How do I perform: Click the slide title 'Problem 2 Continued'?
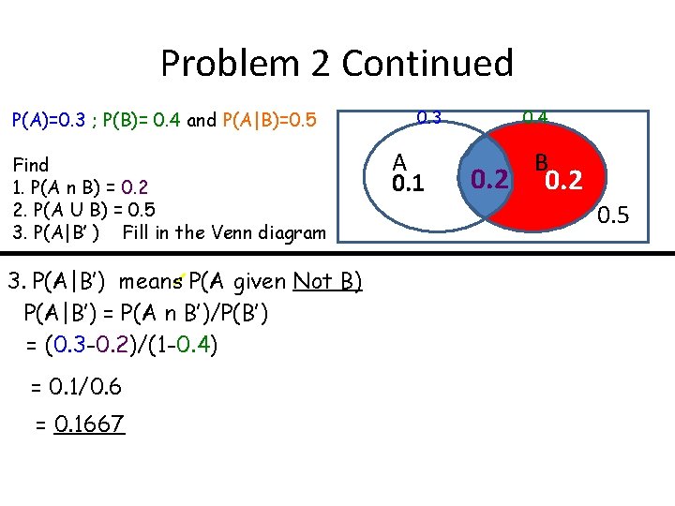pyautogui.click(x=337, y=64)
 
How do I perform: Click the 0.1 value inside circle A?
pyautogui.click(x=408, y=183)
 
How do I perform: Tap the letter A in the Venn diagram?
pyautogui.click(x=399, y=162)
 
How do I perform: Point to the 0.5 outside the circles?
pyautogui.click(x=614, y=217)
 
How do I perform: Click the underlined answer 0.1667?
pyautogui.click(x=89, y=424)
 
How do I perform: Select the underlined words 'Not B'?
pyautogui.click(x=327, y=281)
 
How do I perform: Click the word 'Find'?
pyautogui.click(x=30, y=165)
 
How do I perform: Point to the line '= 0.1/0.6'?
pyautogui.click(x=76, y=386)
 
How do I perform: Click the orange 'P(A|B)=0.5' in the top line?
pyautogui.click(x=270, y=121)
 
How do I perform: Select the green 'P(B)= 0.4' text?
pyautogui.click(x=141, y=121)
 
